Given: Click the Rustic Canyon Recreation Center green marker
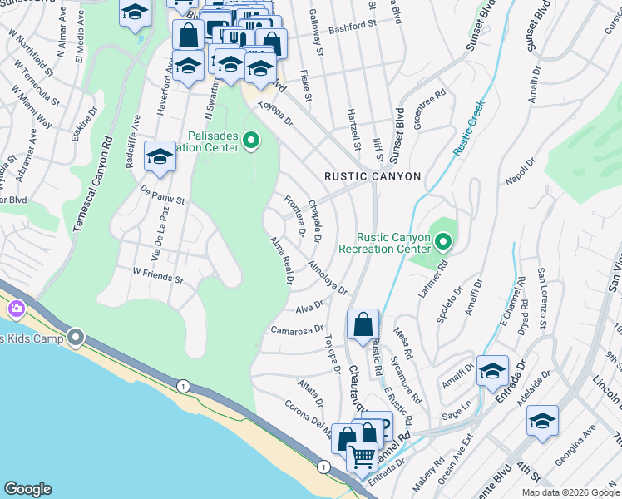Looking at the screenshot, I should [x=443, y=243].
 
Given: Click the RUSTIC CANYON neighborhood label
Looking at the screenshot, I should [x=373, y=176].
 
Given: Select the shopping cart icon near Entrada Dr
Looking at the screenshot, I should [x=361, y=457].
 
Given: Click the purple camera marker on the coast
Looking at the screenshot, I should [x=16, y=309].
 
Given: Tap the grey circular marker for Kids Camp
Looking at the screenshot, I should [x=77, y=338].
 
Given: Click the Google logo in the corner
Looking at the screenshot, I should [x=27, y=489].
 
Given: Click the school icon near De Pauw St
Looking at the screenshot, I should [x=160, y=156].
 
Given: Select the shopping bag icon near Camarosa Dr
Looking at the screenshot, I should [x=363, y=324].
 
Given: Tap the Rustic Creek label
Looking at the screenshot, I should [x=469, y=128].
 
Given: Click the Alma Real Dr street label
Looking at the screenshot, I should [x=282, y=260].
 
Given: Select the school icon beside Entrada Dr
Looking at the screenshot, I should [x=492, y=370].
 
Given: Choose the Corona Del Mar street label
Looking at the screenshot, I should [x=307, y=419].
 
